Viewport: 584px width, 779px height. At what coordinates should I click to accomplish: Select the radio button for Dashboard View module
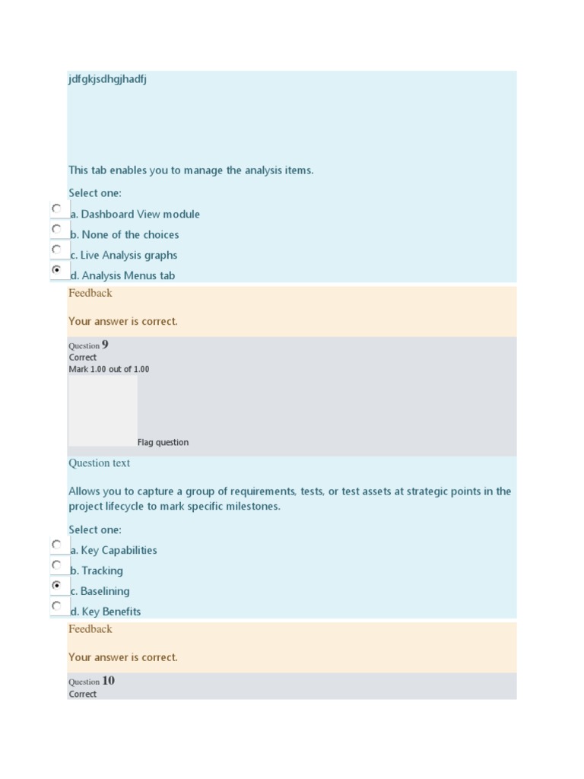tap(56, 208)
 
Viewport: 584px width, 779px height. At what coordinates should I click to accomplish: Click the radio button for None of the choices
tap(56, 228)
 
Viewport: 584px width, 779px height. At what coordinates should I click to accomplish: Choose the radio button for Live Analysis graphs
tap(56, 249)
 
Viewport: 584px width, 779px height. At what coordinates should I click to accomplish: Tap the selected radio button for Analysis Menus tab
tap(56, 269)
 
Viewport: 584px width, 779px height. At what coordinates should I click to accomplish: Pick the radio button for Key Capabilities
tap(56, 544)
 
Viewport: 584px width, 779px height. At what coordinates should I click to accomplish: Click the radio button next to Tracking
tap(56, 564)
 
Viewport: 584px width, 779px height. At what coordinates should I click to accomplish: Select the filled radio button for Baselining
tap(56, 585)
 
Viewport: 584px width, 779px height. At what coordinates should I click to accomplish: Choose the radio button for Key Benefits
tap(56, 606)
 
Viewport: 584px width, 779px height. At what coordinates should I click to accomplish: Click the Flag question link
tap(163, 443)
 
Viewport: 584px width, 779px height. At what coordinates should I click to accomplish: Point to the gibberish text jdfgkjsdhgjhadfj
tap(107, 79)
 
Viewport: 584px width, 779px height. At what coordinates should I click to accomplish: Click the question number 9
tap(105, 345)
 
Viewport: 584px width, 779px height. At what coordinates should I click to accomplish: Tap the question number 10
tap(108, 681)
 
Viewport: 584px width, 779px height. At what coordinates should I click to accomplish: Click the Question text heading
tap(99, 463)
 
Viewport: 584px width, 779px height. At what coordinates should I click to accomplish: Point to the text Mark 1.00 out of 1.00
tap(109, 370)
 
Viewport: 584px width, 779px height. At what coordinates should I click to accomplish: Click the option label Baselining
tap(105, 591)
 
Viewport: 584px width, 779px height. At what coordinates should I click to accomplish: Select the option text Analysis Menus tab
tap(128, 276)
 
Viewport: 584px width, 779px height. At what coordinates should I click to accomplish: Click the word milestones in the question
tap(254, 507)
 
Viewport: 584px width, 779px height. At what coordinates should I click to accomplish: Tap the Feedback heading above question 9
tap(90, 293)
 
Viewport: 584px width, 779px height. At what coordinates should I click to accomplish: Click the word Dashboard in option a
tap(107, 215)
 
